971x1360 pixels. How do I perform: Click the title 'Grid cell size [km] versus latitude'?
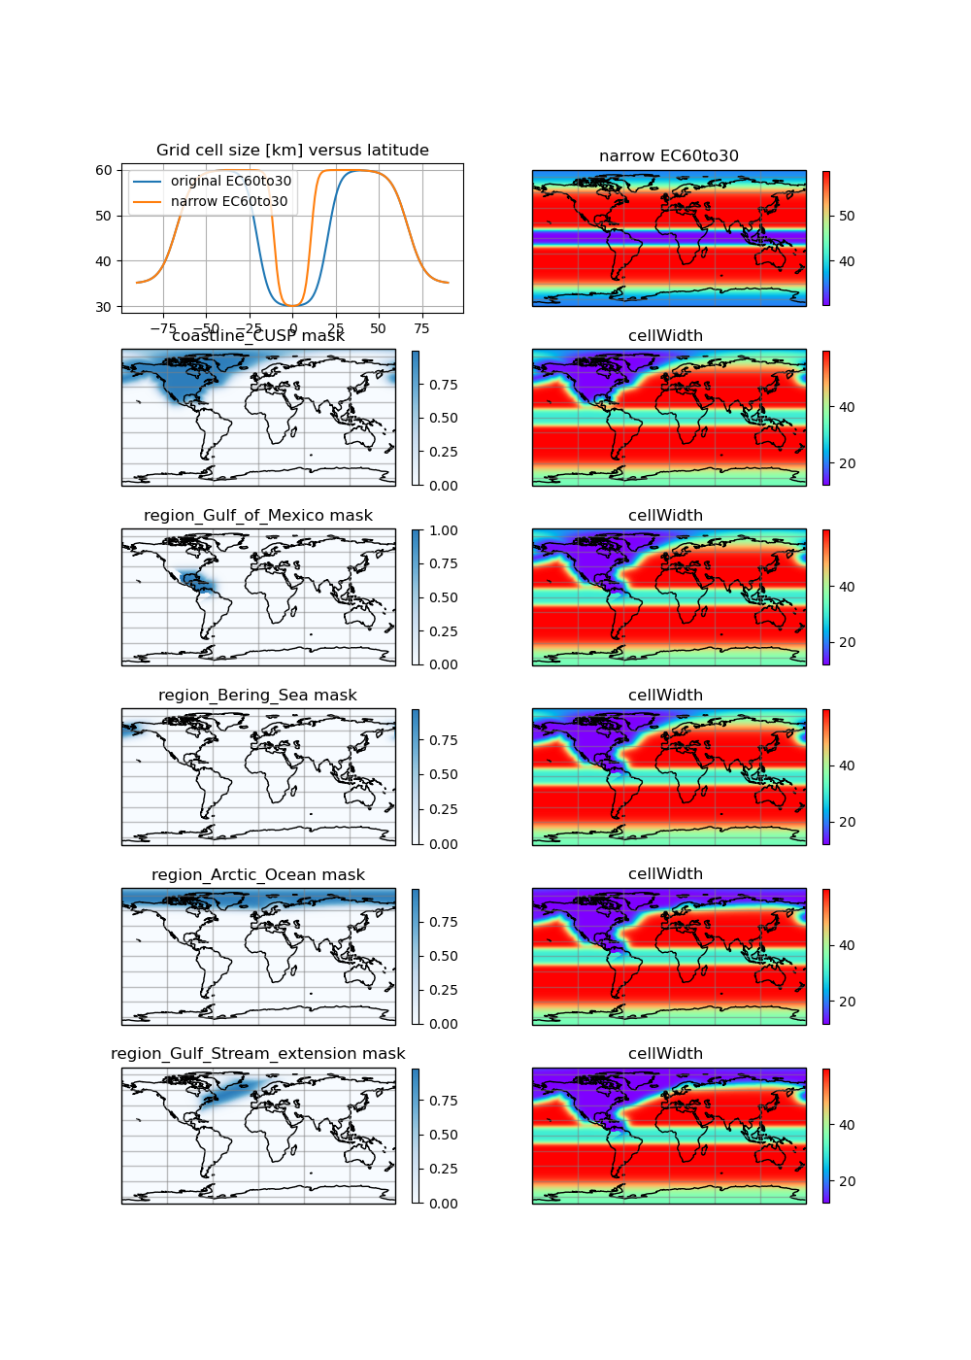(x=292, y=151)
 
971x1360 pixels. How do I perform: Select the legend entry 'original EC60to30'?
(x=231, y=181)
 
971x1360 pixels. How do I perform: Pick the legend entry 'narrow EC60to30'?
(x=229, y=201)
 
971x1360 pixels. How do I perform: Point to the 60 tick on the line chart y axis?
(x=104, y=170)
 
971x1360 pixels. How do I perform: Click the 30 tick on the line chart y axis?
(x=104, y=307)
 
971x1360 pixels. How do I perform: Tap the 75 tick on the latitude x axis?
(x=421, y=328)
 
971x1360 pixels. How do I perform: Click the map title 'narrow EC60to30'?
(x=668, y=156)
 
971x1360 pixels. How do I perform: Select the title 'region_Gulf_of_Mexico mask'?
(x=258, y=516)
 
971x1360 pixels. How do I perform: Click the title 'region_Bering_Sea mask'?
(x=257, y=696)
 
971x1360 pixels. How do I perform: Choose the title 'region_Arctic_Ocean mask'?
(x=258, y=875)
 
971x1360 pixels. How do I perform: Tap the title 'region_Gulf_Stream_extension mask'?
(x=258, y=1054)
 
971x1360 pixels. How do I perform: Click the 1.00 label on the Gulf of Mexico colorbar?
(x=444, y=530)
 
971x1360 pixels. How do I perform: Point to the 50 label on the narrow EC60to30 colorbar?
(x=847, y=216)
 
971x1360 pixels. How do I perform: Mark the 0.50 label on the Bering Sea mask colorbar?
(x=444, y=775)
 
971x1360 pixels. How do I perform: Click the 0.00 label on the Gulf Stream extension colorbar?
(x=444, y=1204)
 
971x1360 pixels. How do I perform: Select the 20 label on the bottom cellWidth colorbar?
(x=847, y=1181)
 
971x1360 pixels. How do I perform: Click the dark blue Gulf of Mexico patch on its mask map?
(x=193, y=583)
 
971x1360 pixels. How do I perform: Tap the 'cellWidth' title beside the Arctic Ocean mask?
(x=665, y=874)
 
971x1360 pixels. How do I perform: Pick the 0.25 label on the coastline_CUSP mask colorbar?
(x=444, y=452)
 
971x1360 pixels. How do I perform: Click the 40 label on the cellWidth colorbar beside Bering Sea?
(x=847, y=765)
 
